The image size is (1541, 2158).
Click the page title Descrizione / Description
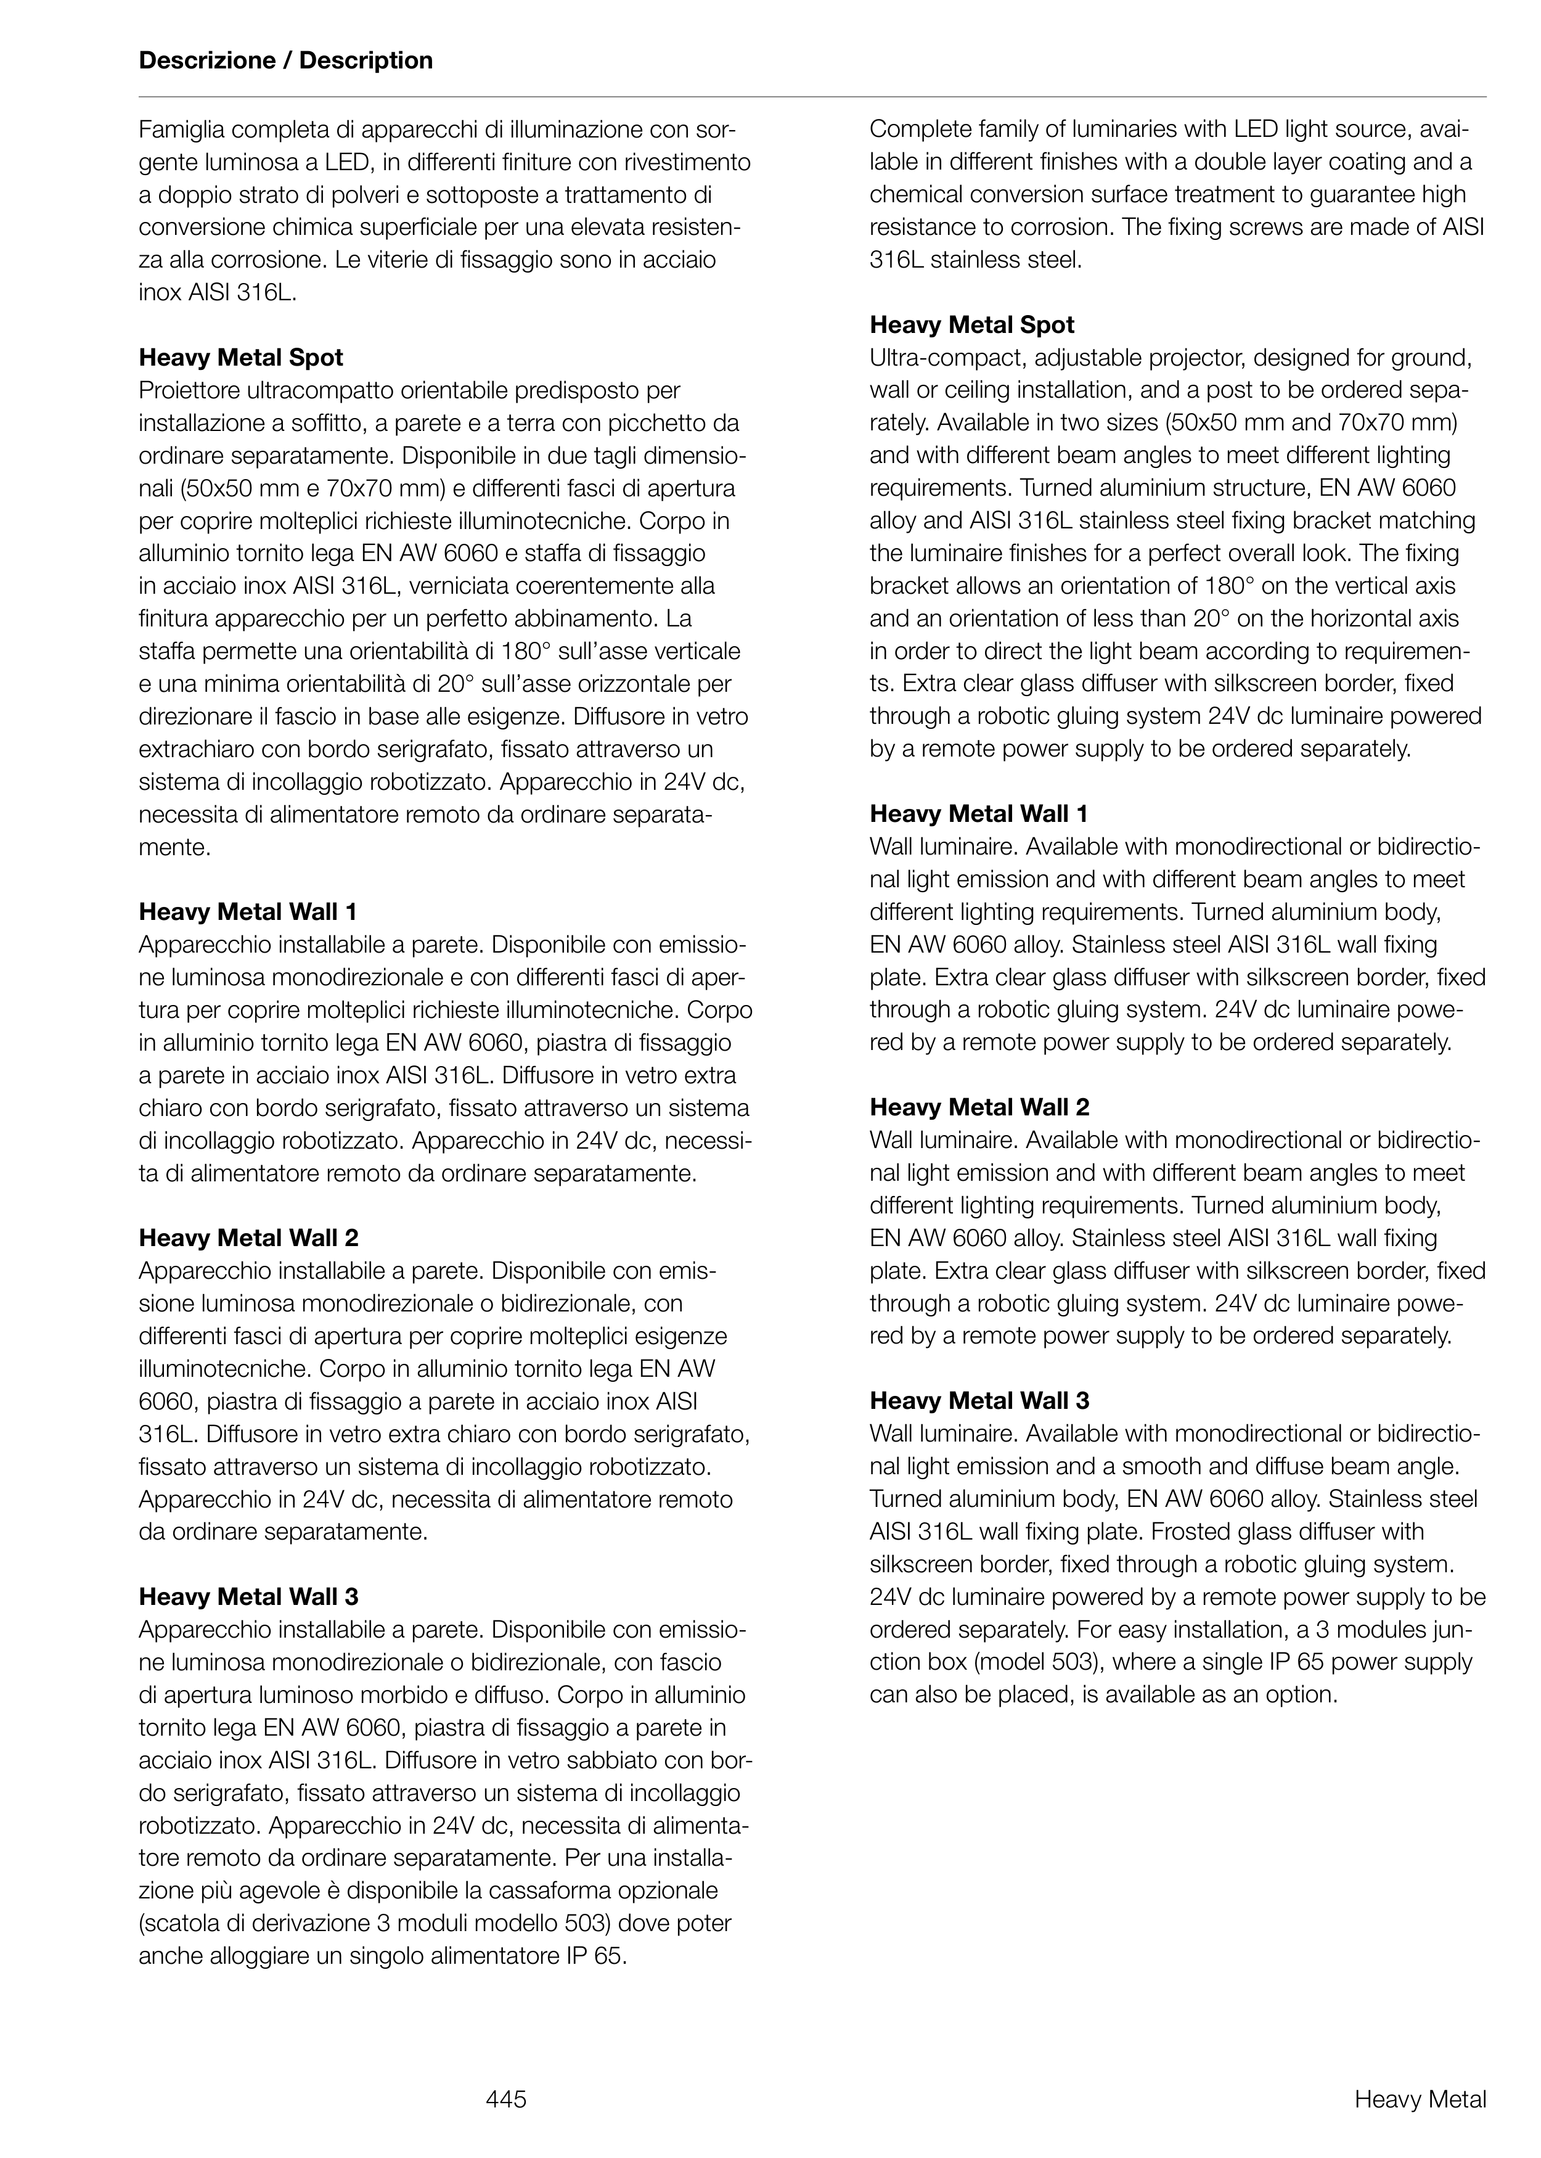(285, 61)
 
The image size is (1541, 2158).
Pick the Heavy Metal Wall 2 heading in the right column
(979, 1107)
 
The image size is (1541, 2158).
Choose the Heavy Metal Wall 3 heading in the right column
(979, 1401)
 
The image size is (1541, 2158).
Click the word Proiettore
(183, 390)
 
